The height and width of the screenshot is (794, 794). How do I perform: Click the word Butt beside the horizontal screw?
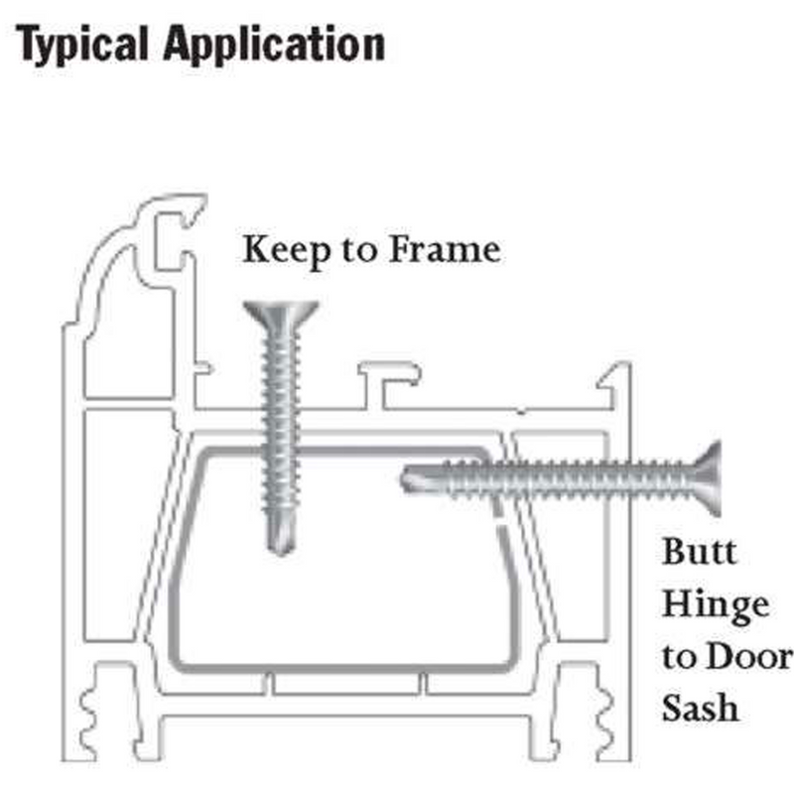pyautogui.click(x=700, y=550)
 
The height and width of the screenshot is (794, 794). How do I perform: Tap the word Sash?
pyautogui.click(x=701, y=708)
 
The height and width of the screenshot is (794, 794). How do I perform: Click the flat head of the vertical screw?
pyautogui.click(x=280, y=314)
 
